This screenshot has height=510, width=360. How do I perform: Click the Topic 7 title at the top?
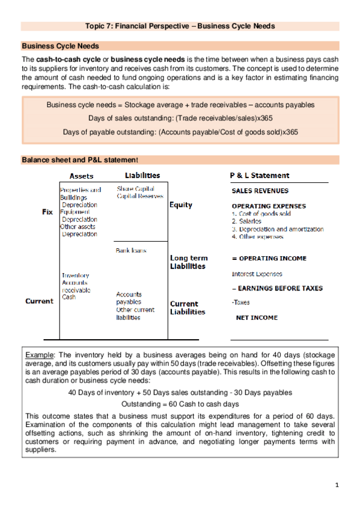click(x=180, y=26)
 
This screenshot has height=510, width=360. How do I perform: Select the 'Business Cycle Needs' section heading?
click(x=60, y=46)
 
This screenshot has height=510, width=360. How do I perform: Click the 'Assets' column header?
click(x=82, y=176)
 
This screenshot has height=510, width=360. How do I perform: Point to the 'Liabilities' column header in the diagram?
click(x=142, y=176)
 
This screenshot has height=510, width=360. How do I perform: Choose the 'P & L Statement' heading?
click(x=260, y=176)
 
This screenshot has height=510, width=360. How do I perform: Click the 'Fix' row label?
click(x=47, y=212)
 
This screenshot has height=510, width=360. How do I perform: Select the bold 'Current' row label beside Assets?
click(x=39, y=301)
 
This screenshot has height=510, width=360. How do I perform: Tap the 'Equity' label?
click(x=181, y=205)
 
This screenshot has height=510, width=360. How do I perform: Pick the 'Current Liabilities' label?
click(x=188, y=308)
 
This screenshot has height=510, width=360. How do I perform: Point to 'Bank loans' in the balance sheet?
click(x=130, y=250)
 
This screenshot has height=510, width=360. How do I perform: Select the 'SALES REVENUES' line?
click(x=260, y=191)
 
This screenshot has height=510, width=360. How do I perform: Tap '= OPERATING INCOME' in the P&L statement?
click(x=269, y=258)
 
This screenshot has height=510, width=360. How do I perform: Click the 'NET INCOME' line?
click(x=256, y=316)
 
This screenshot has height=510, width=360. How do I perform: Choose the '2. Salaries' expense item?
click(x=246, y=221)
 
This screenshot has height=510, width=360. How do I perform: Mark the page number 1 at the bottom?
click(x=337, y=485)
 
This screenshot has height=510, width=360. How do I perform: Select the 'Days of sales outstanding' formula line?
click(x=180, y=118)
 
